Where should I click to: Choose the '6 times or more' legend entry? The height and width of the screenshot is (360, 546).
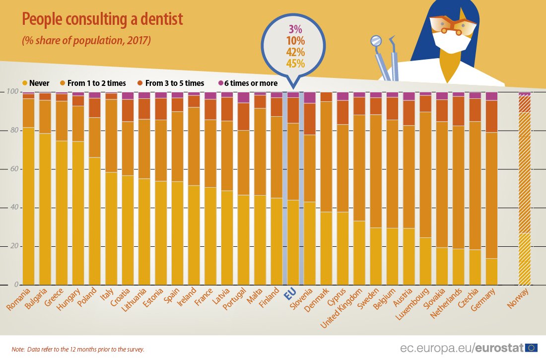(248, 83)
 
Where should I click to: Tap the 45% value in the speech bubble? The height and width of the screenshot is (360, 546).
(295, 63)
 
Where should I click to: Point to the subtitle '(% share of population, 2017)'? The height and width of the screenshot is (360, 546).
(86, 41)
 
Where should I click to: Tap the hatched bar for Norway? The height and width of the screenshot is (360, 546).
(524, 189)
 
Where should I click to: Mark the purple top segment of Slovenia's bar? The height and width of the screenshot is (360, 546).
(310, 97)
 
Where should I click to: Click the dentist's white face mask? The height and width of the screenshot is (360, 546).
(452, 41)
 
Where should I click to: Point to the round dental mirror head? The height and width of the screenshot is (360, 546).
(376, 40)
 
